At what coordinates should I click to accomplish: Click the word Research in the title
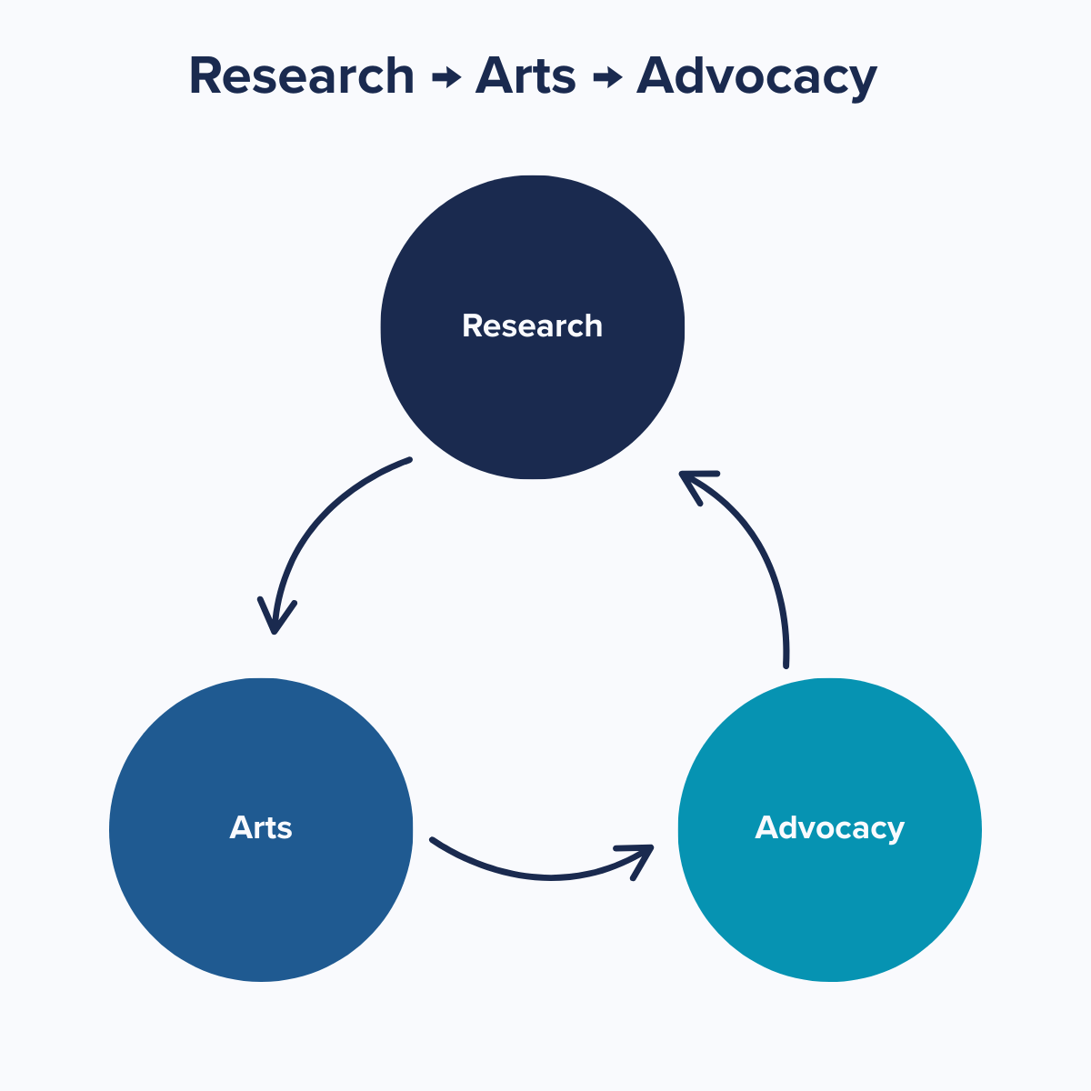[301, 75]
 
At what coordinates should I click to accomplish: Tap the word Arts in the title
[525, 75]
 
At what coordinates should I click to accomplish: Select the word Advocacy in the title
[756, 77]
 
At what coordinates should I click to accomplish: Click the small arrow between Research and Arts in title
[445, 78]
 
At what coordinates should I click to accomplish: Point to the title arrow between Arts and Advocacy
[606, 78]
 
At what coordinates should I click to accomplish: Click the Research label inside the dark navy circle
[532, 325]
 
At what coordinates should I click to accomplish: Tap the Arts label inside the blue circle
[261, 827]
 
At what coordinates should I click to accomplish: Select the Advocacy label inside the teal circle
[829, 828]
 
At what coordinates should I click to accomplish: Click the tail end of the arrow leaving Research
[408, 461]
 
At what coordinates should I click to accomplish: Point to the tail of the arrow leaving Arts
[434, 841]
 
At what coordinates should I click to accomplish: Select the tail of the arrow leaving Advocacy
[786, 664]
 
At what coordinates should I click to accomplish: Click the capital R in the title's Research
[205, 75]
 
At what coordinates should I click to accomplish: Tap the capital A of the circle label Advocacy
[768, 827]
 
